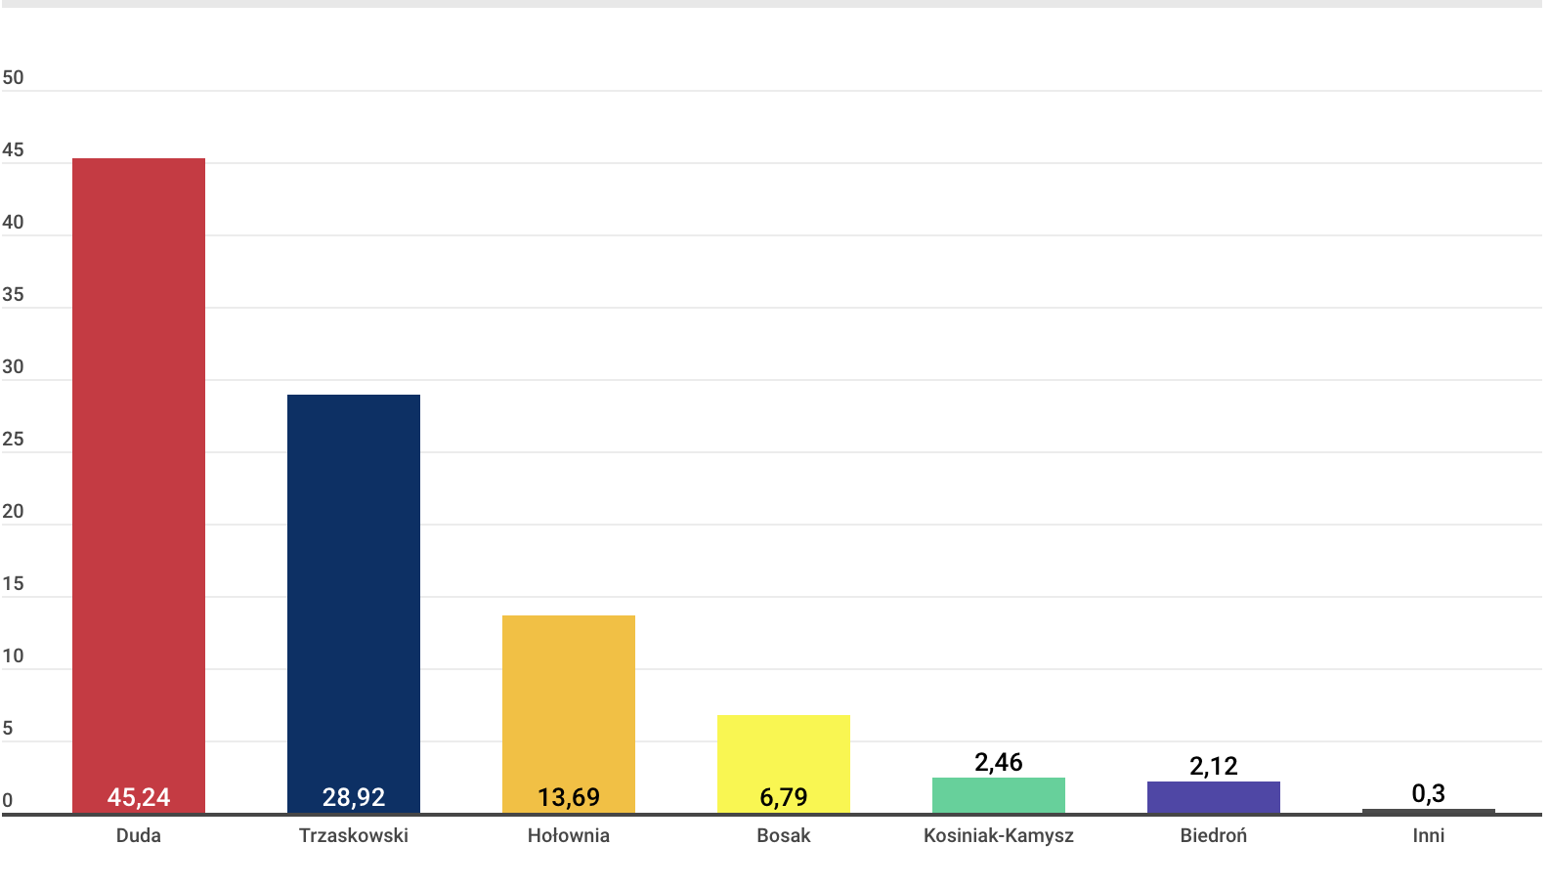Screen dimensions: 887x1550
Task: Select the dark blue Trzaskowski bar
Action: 354,586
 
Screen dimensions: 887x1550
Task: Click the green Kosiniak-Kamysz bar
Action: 999,795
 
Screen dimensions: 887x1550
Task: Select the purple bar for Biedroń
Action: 1214,797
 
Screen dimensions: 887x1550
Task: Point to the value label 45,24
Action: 139,797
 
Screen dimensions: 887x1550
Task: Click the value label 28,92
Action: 354,797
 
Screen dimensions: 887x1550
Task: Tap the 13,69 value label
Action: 569,797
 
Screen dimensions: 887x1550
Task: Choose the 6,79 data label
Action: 784,797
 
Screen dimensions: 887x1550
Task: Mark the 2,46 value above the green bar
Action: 999,762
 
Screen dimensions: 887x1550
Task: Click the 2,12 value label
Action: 1214,766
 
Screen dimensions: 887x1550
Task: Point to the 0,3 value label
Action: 1429,793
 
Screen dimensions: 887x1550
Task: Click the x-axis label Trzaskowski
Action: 354,835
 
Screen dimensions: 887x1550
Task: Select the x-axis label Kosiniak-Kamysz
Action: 999,835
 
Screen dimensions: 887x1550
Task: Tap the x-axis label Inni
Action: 1429,835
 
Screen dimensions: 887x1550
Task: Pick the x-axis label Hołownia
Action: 569,835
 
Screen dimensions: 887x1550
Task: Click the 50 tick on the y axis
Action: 13,77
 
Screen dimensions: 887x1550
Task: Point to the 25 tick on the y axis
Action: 13,439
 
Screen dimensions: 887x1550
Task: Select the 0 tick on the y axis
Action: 8,800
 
